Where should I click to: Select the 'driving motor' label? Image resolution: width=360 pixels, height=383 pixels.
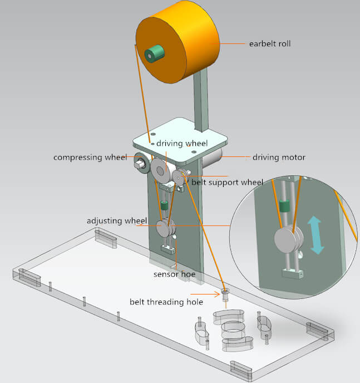[279, 158]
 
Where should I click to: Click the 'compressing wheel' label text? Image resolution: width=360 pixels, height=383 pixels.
[90, 158]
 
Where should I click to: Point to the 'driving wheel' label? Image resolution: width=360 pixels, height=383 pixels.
[181, 144]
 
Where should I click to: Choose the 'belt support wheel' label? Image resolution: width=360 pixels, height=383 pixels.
[227, 182]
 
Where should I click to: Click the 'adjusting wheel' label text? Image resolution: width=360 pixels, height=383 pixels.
[116, 221]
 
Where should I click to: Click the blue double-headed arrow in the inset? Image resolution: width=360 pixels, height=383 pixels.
[315, 235]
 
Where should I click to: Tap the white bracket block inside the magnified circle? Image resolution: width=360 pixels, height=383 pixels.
[293, 273]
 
